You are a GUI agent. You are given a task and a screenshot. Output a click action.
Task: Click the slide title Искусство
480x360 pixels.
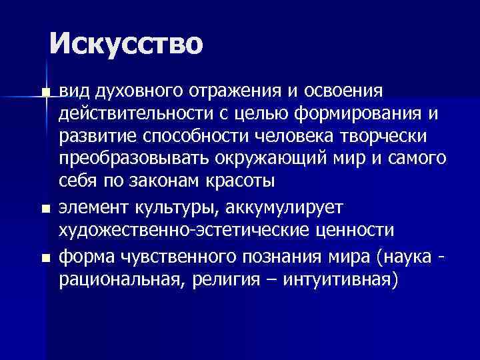tap(125, 43)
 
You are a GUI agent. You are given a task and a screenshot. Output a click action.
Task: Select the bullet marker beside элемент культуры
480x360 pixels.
tap(45, 209)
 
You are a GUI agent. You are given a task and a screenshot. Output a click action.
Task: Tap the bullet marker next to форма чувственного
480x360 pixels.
tap(45, 256)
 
